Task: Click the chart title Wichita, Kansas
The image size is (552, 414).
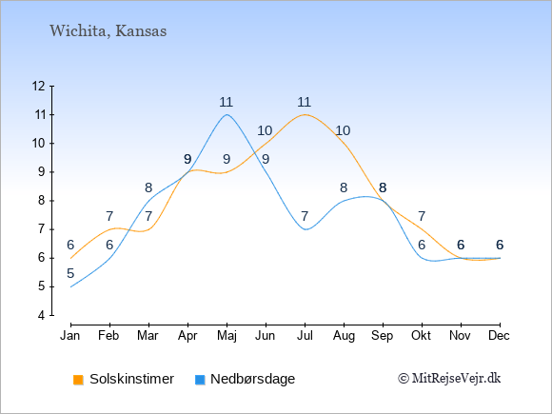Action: (108, 31)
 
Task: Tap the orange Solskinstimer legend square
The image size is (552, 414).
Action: (78, 380)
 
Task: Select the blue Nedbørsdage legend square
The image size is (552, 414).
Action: (200, 380)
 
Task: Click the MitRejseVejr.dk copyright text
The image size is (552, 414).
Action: (449, 379)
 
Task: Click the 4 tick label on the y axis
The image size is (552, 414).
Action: (42, 315)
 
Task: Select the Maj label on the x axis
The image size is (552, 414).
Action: (227, 336)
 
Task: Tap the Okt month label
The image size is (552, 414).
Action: (421, 336)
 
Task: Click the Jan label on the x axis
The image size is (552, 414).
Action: (70, 336)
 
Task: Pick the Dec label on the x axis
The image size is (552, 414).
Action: (500, 336)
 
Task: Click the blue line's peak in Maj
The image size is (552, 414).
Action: (227, 114)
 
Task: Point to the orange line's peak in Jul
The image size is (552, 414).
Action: (305, 114)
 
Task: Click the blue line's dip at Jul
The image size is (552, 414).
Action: (306, 229)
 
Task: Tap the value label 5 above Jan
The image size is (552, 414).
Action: (70, 273)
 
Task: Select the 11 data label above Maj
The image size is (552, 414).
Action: (226, 102)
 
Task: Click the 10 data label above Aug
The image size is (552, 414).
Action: (343, 130)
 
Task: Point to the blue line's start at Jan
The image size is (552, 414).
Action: (70, 286)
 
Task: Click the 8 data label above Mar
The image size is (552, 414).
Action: (148, 187)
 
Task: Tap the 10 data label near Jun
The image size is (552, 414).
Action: (265, 130)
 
